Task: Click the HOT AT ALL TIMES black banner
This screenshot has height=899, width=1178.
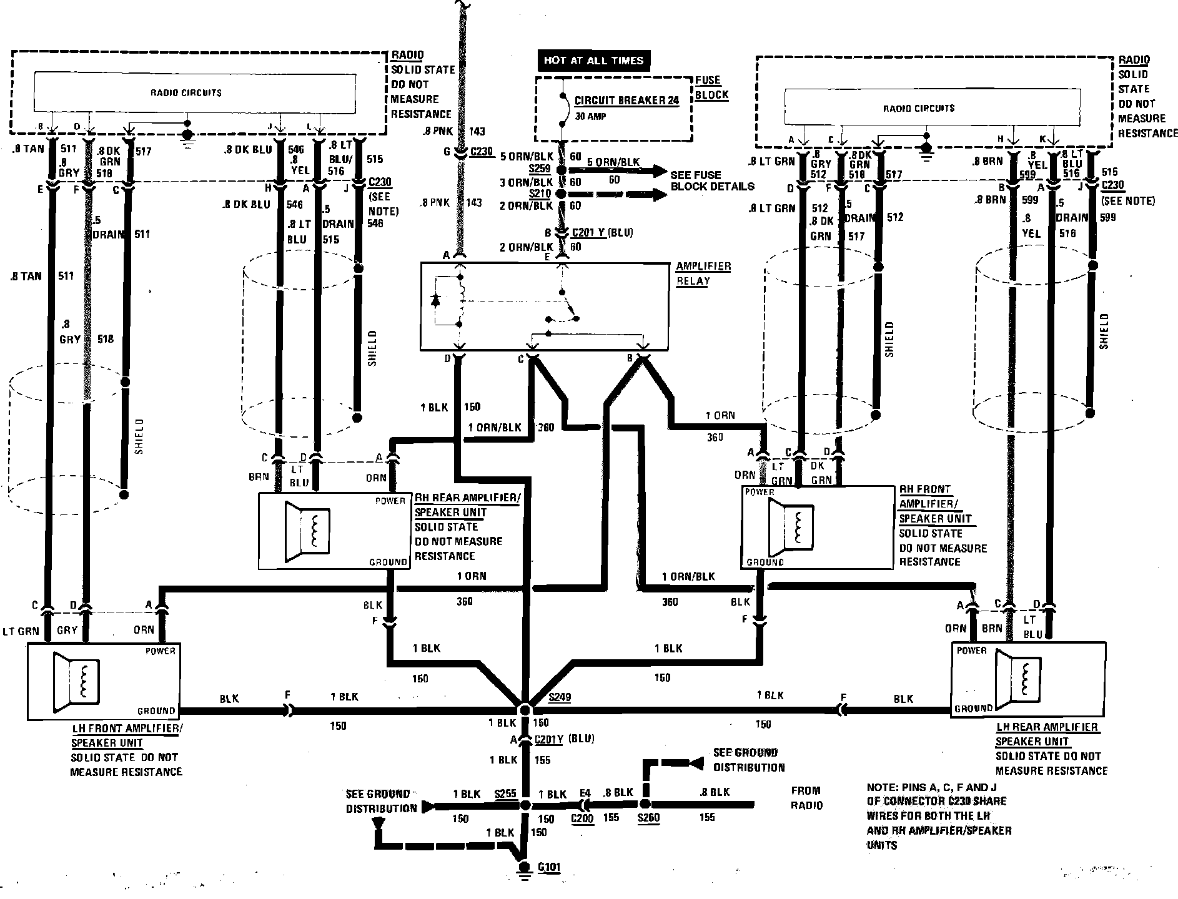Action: pos(592,61)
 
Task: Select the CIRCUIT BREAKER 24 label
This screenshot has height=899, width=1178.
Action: pos(626,101)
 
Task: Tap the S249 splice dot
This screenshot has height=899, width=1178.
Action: pos(524,710)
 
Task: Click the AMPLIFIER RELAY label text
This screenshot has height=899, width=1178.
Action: pos(703,273)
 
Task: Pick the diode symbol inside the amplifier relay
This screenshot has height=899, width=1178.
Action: pos(436,300)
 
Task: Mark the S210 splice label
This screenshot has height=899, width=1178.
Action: pos(540,194)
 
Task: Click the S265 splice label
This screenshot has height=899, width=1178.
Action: pos(505,793)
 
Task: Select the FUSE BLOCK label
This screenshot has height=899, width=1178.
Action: pos(711,87)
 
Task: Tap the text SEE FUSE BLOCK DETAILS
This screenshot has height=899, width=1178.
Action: pos(712,180)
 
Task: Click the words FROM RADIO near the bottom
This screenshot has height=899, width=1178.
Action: pos(806,798)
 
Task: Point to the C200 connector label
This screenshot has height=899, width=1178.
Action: pos(582,818)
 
